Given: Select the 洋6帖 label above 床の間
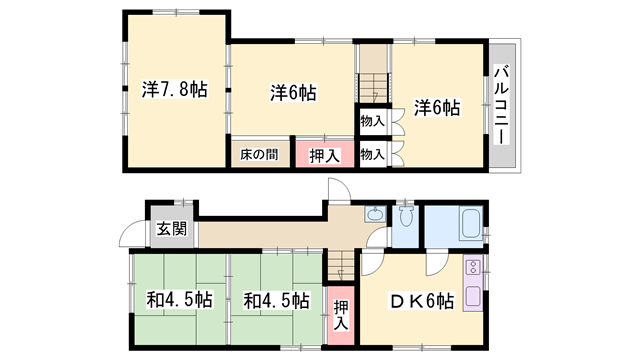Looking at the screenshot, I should pyautogui.click(x=293, y=93).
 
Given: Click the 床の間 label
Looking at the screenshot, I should pyautogui.click(x=259, y=155).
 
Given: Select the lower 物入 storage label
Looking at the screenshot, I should pyautogui.click(x=372, y=155).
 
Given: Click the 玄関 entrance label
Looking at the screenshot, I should pyautogui.click(x=170, y=228).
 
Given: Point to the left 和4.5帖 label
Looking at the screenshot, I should pyautogui.click(x=179, y=299).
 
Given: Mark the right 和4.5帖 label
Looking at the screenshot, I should pyautogui.click(x=276, y=299).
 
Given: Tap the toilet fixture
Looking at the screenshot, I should pyautogui.click(x=406, y=218).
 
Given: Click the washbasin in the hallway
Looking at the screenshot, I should pyautogui.click(x=375, y=213).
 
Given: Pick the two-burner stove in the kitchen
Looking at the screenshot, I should pyautogui.click(x=472, y=268).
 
